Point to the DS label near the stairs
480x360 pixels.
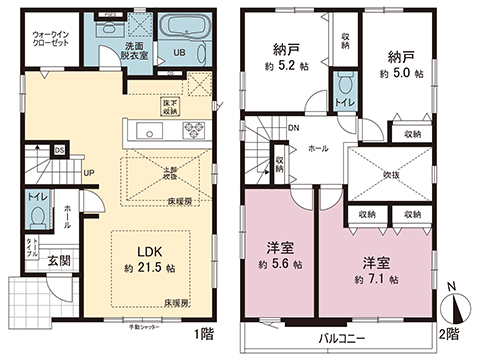pos(59,151)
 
